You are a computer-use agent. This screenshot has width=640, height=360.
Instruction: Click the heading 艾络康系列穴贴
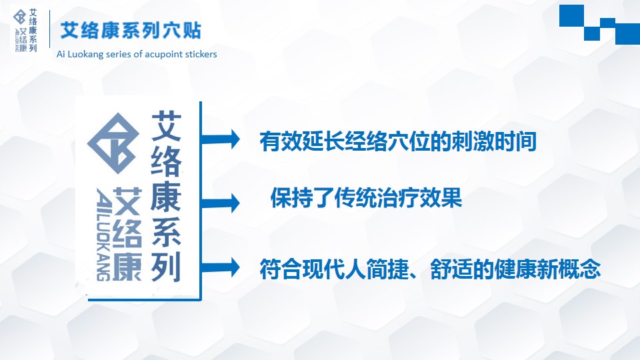131,31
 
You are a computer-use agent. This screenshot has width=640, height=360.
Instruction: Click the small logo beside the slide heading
25,30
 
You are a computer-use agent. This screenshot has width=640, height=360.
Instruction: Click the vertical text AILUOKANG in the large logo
103,234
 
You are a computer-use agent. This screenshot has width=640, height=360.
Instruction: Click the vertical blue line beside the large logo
201,201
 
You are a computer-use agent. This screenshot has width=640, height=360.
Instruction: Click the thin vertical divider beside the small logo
49,29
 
